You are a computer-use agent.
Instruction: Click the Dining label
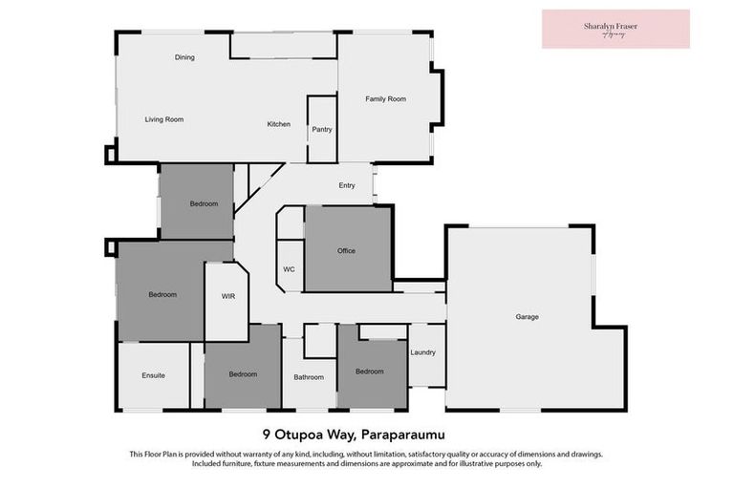(184, 57)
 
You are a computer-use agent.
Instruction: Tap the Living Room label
(163, 119)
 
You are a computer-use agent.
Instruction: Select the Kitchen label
(278, 124)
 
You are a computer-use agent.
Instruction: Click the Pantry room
(321, 129)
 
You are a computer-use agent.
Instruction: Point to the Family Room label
(386, 98)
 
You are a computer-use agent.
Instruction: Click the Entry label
(347, 186)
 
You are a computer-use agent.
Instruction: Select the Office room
(347, 250)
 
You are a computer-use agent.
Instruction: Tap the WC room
(289, 269)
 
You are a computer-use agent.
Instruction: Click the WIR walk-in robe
(228, 296)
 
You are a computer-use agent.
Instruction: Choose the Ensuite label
(153, 375)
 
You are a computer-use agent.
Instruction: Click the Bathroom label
(309, 377)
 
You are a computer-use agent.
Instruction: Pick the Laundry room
(423, 352)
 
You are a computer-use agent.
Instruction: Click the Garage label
(528, 316)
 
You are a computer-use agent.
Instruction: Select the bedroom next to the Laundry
(370, 371)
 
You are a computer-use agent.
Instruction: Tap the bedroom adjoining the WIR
(162, 294)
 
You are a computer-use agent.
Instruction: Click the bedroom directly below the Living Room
(204, 203)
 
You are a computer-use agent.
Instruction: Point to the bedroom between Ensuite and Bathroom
(243, 373)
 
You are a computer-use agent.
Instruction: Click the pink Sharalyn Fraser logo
(615, 29)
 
